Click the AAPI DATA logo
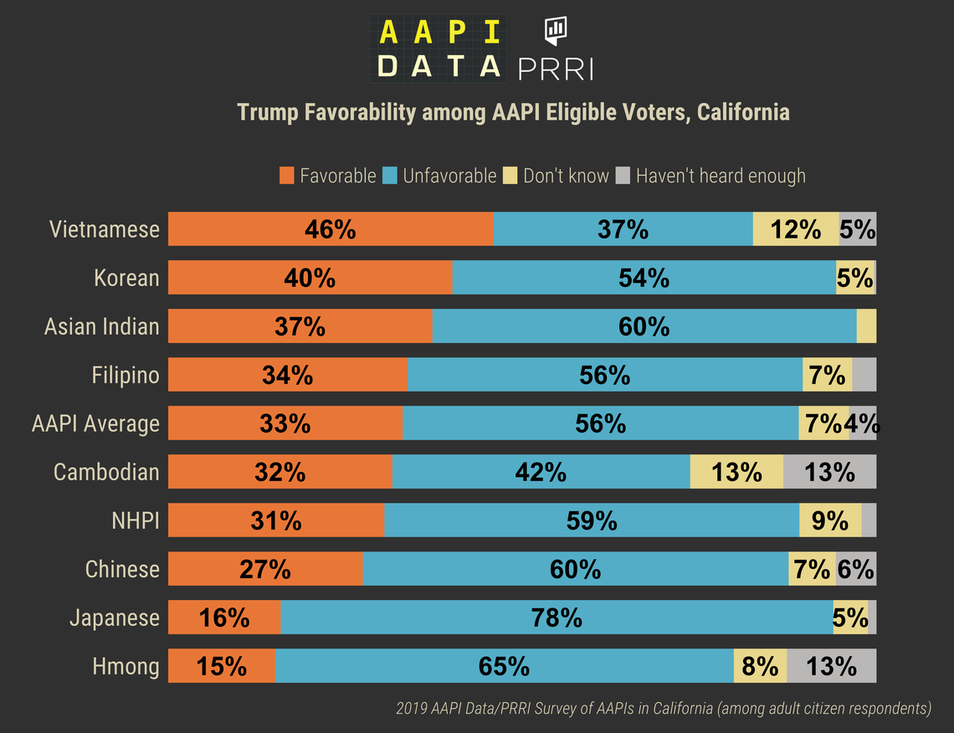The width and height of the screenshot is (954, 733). coord(439,49)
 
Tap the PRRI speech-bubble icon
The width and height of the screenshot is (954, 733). coord(556,31)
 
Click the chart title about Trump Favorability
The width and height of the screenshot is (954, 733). coord(513,112)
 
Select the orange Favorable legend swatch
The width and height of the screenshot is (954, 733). coord(287,176)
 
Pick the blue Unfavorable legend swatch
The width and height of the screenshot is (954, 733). coord(389,176)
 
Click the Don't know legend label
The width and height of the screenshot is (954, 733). coord(566,176)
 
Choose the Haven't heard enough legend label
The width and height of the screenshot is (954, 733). coord(721,176)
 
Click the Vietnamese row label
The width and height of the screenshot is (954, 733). coord(104,229)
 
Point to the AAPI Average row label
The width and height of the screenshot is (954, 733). coord(95,423)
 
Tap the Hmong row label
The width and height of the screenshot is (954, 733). coord(126,666)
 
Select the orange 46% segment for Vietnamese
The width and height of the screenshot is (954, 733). coord(331,229)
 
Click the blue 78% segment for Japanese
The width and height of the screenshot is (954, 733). coord(556,618)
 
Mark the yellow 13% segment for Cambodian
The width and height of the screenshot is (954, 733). coord(736,472)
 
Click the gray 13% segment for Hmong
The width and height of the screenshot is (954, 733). coord(831,666)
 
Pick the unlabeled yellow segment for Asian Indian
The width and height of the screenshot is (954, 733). coord(866,326)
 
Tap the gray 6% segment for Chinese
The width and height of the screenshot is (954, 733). coord(856,569)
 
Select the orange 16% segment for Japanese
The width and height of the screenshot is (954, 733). coord(224,618)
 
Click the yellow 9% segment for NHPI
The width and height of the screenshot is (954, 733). coord(830,520)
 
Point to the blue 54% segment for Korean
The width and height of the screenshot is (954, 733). coord(644,278)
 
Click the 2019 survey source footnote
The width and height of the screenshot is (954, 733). coord(663,709)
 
